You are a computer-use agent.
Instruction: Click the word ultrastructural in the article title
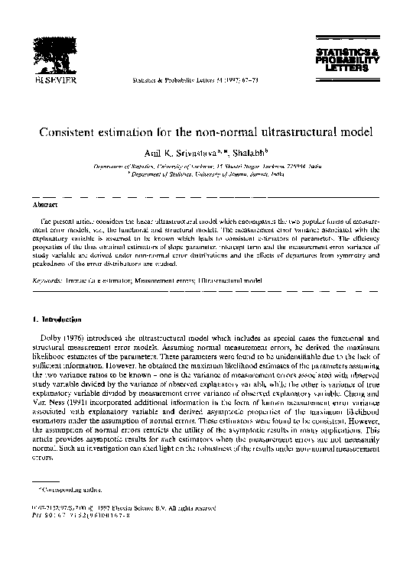click(293, 131)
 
